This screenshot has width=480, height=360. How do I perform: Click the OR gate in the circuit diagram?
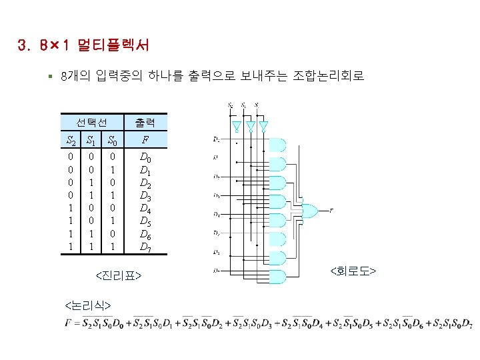pos(310,211)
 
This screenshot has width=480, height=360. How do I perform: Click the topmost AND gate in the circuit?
pos(277,145)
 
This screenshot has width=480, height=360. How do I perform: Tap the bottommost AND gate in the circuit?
pos(277,275)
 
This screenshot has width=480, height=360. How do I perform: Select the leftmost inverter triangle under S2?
pos(235,126)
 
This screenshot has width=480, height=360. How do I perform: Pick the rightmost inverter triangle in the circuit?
pos(264,126)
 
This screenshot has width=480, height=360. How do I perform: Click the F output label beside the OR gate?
pos(331,210)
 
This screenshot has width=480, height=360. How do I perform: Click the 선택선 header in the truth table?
pos(91,122)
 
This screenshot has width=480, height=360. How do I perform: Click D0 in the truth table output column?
pos(145,159)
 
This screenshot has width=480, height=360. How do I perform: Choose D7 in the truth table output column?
pos(145,247)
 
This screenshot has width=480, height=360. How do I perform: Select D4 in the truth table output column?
pos(145,209)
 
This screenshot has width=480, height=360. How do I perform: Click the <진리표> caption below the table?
pos(119,275)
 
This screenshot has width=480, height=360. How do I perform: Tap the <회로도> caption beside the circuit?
pos(353,271)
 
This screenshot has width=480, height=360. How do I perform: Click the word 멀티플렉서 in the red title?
pos(113,46)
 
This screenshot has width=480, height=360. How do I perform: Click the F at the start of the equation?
pos(69,324)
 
